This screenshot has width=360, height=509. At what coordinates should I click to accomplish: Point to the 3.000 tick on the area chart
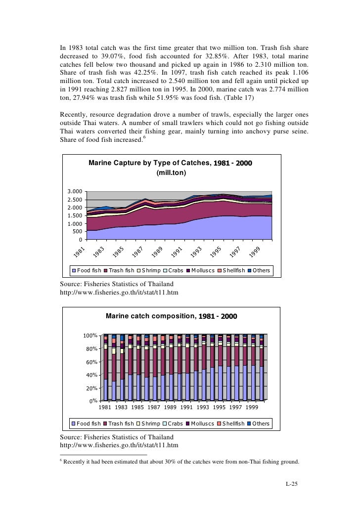75,192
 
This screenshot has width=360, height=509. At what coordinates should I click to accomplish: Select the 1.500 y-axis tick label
75,215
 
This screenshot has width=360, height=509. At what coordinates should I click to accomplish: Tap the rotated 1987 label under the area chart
137,252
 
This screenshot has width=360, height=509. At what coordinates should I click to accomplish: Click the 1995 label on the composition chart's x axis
219,408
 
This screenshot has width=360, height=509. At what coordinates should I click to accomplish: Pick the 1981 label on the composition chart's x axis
105,408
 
